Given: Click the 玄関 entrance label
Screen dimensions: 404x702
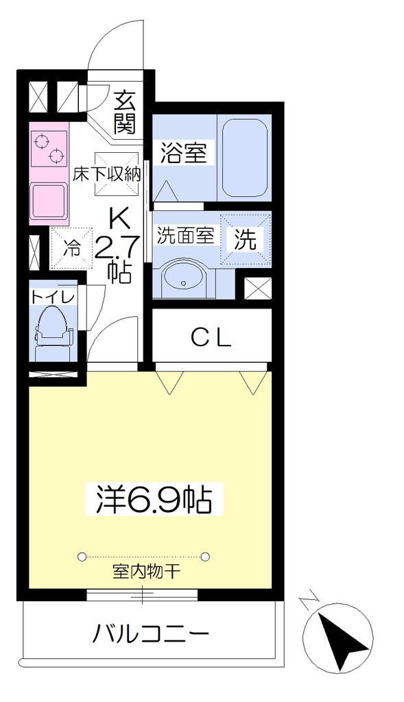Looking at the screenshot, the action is (x=124, y=112).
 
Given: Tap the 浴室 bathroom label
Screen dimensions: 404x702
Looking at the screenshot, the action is (x=184, y=153).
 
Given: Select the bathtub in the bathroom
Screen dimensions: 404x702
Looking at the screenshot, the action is (x=245, y=158).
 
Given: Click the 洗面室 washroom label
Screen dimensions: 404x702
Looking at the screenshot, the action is (x=185, y=236).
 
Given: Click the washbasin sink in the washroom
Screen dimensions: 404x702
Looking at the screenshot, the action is (x=183, y=278).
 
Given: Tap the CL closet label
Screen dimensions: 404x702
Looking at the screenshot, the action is (x=211, y=339).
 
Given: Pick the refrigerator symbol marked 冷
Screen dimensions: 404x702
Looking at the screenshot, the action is (x=71, y=248).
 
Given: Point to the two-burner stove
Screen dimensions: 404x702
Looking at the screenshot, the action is (x=49, y=149).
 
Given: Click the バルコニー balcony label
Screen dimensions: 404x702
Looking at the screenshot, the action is (x=151, y=634).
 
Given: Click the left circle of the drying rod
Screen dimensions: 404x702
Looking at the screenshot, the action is (x=82, y=557).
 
